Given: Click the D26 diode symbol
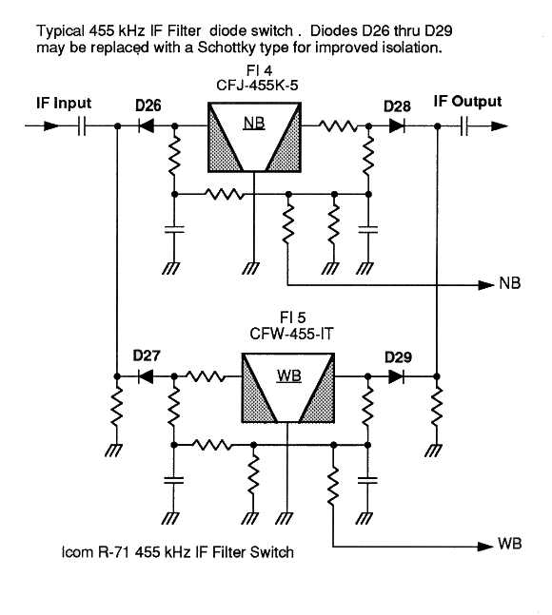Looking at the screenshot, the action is pos(146,125).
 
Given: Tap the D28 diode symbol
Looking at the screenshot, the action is pos(397,125).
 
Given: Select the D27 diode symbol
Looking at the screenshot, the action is pos(146,377).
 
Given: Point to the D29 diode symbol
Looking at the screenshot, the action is pos(396,377).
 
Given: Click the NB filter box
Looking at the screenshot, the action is pos(254,137).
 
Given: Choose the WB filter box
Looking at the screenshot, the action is pos(288,388).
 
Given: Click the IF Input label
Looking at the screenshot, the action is pos(64,104).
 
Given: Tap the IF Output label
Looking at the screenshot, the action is pos(467,102).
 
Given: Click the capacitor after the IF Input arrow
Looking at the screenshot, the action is pos(82,125).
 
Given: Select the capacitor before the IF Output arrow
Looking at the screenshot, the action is pos(463,125).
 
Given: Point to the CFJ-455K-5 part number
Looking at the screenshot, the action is pos(257,86).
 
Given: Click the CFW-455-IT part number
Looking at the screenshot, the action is pos(291,335).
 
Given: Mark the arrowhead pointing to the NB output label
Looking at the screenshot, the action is pos(485,285).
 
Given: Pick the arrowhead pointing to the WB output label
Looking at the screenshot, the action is pos(484,546).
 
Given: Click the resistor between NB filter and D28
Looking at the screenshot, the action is pos(339,125).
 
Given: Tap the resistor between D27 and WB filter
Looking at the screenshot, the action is pos(206,377).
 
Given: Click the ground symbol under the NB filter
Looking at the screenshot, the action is pos(250,268).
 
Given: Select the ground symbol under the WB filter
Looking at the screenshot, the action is pos(285,518).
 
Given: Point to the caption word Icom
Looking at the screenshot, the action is pos(77,552).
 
